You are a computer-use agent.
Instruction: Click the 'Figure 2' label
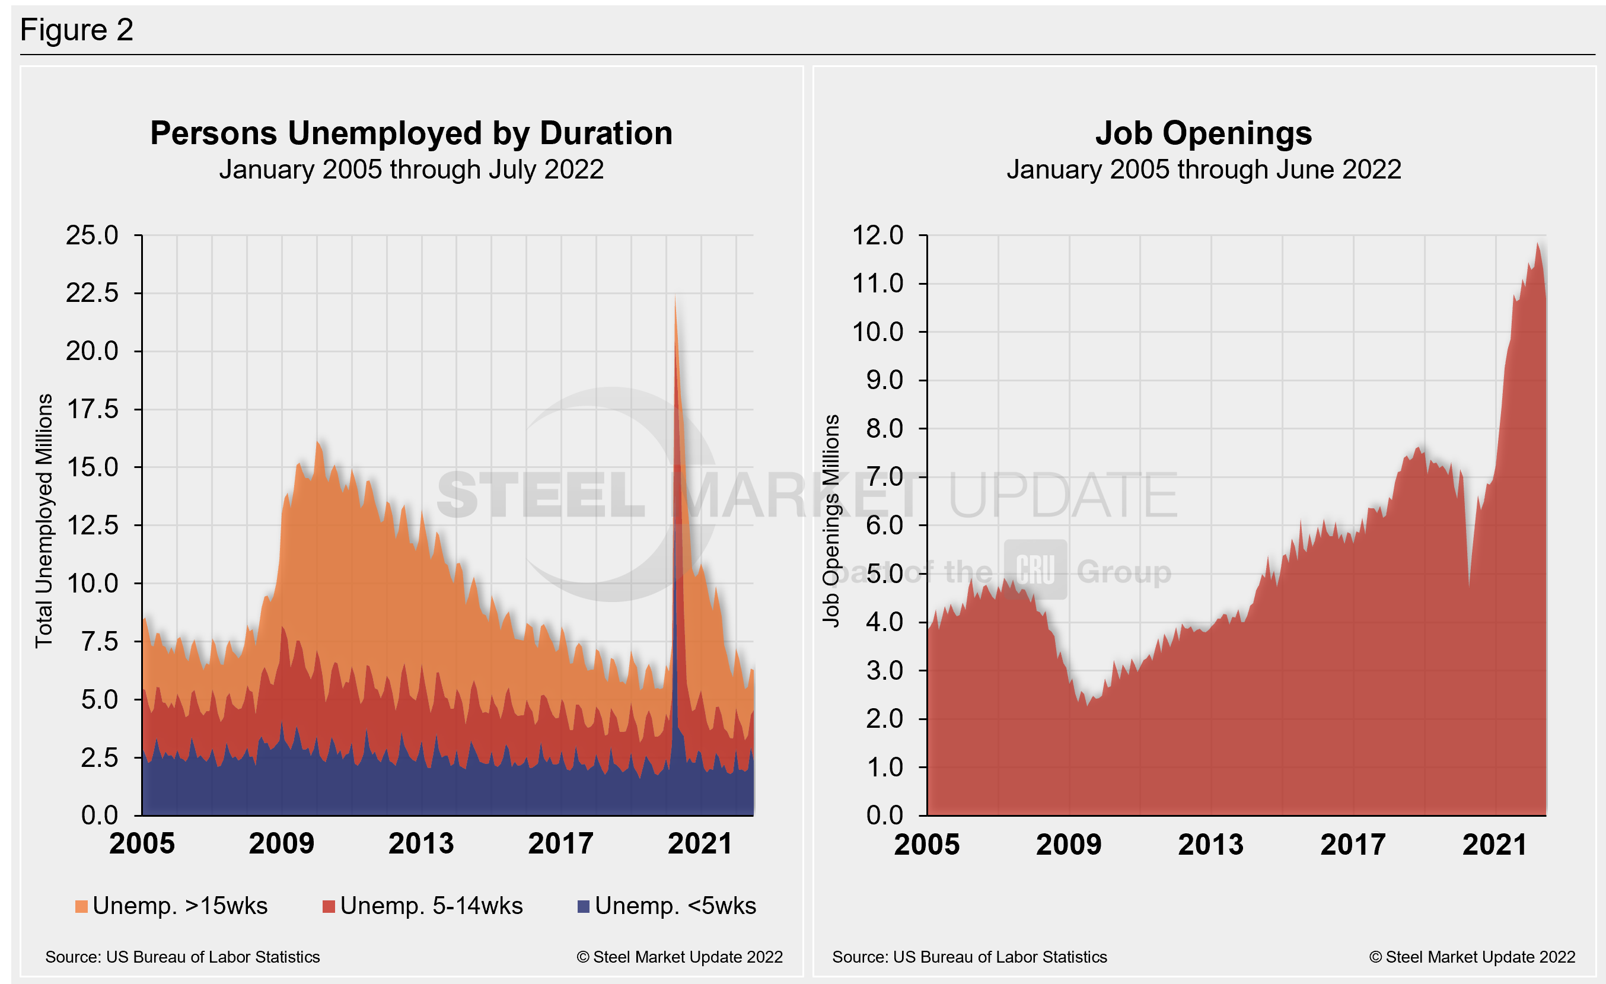coord(77,30)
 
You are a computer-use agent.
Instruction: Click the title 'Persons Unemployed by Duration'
coord(411,133)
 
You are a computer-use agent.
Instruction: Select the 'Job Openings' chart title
coord(1203,133)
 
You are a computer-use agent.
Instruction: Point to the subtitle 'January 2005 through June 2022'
coord(1203,170)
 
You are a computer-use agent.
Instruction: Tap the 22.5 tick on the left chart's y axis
coord(92,293)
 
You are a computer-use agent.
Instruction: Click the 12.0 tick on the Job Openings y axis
coord(877,235)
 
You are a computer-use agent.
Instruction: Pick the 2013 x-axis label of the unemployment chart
coord(421,844)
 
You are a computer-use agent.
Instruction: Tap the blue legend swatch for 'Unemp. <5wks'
coord(584,906)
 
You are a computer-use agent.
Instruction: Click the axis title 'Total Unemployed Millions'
coord(44,521)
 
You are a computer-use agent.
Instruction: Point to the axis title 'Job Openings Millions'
coord(830,521)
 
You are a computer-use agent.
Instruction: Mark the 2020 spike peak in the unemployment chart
coord(675,298)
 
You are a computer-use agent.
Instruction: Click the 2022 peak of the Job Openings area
coord(1538,244)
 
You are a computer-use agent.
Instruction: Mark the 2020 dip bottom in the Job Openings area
coord(1469,587)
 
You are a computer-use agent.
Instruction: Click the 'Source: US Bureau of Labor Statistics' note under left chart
coord(183,957)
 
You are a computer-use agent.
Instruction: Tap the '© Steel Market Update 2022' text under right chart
coord(1472,957)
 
